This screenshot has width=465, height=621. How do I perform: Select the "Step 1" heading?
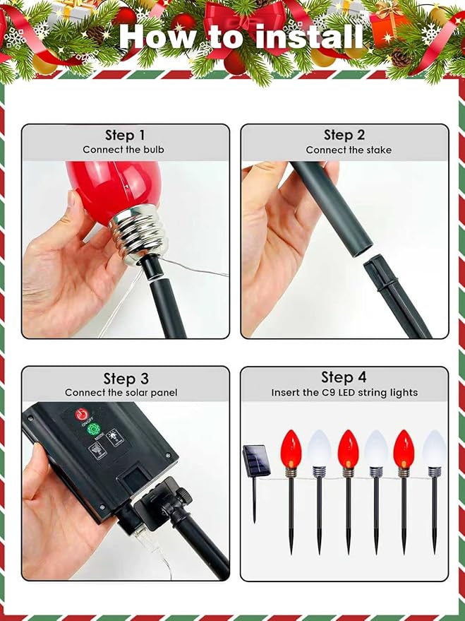[x=125, y=135]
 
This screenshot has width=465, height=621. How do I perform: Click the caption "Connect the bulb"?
[x=123, y=150]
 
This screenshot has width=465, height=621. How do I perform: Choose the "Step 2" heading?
[x=344, y=135]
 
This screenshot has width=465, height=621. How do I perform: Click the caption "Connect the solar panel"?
[x=121, y=393]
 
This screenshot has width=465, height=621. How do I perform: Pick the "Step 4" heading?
[x=344, y=377]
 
